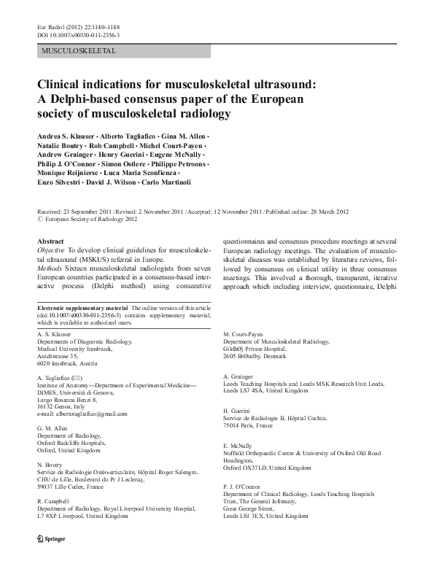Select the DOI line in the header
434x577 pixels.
click(78, 35)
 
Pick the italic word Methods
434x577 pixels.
click(53, 268)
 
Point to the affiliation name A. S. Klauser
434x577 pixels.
click(55, 333)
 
